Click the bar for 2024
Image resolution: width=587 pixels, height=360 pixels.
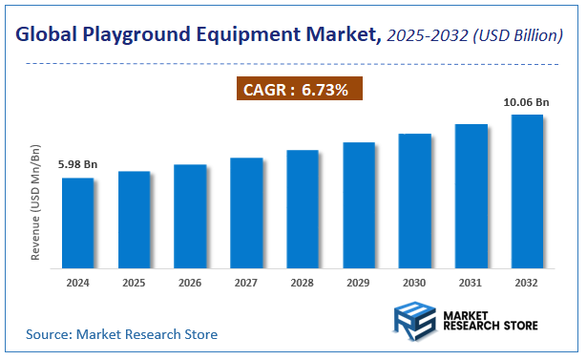point(78,221)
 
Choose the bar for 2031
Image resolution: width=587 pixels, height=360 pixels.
point(472,194)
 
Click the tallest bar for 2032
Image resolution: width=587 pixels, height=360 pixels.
point(528,189)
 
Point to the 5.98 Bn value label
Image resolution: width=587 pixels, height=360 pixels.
point(77,164)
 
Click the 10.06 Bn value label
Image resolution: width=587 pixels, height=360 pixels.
point(528,101)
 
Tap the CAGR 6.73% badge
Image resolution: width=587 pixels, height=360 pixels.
point(300,90)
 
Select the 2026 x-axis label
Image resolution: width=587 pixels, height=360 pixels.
point(190,283)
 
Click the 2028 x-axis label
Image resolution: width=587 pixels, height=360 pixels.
point(303,283)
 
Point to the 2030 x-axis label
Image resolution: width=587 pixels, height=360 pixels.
point(415,283)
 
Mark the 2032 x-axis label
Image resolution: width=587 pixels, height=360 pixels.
point(528,283)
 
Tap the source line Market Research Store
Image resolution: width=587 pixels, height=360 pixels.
point(121,334)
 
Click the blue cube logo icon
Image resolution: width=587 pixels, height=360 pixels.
point(413,318)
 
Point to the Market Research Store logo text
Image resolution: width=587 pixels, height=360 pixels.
point(491,319)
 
